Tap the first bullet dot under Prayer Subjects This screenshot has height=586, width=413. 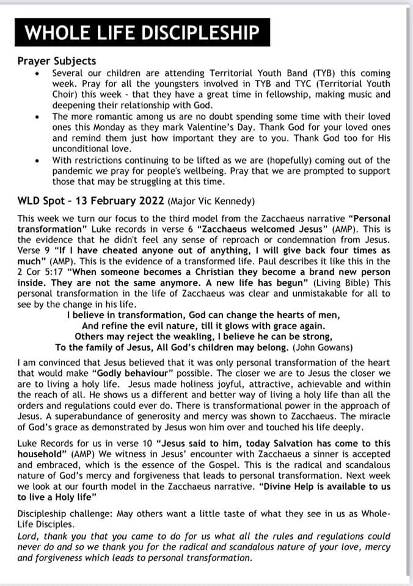pyautogui.click(x=38, y=73)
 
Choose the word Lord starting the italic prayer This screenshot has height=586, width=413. pyautogui.click(x=29, y=537)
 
